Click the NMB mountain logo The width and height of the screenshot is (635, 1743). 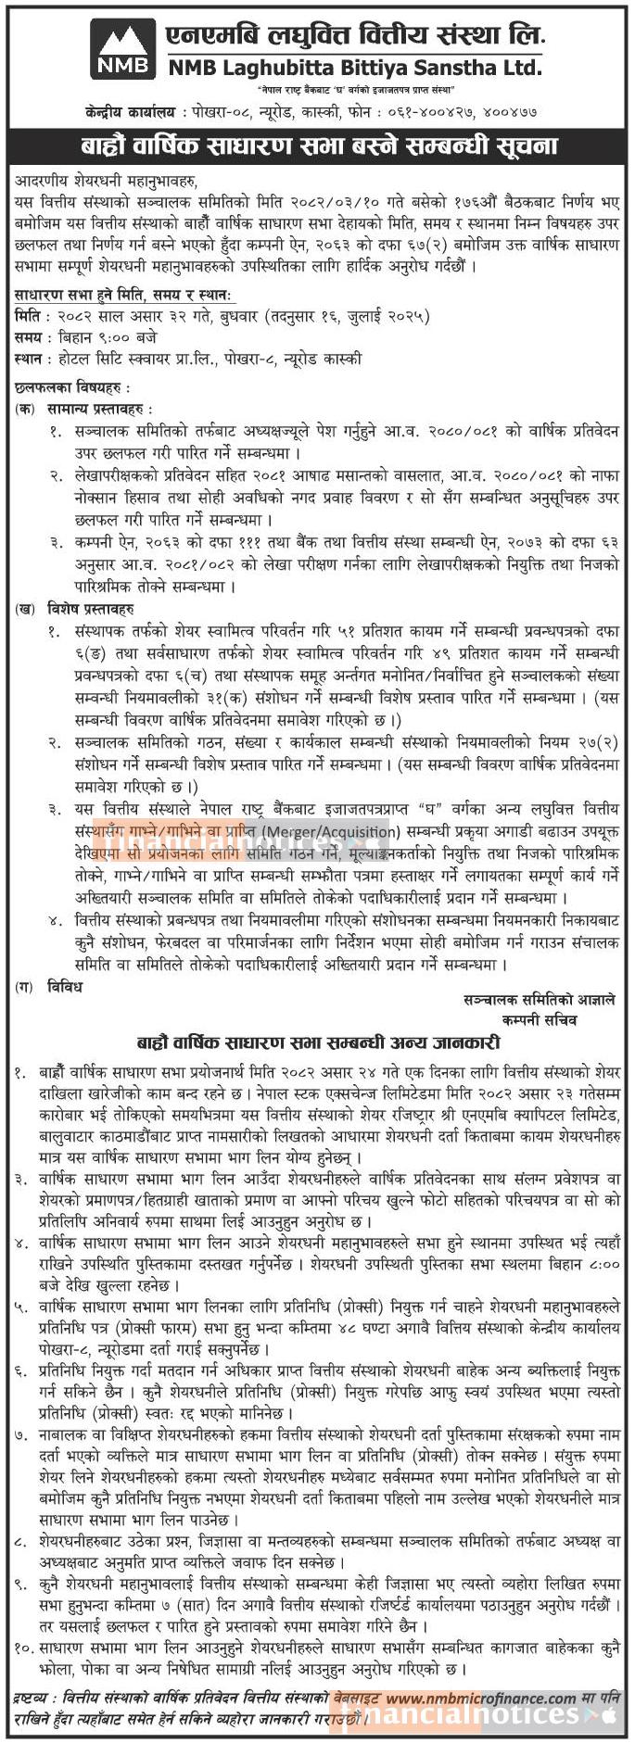pyautogui.click(x=121, y=48)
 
